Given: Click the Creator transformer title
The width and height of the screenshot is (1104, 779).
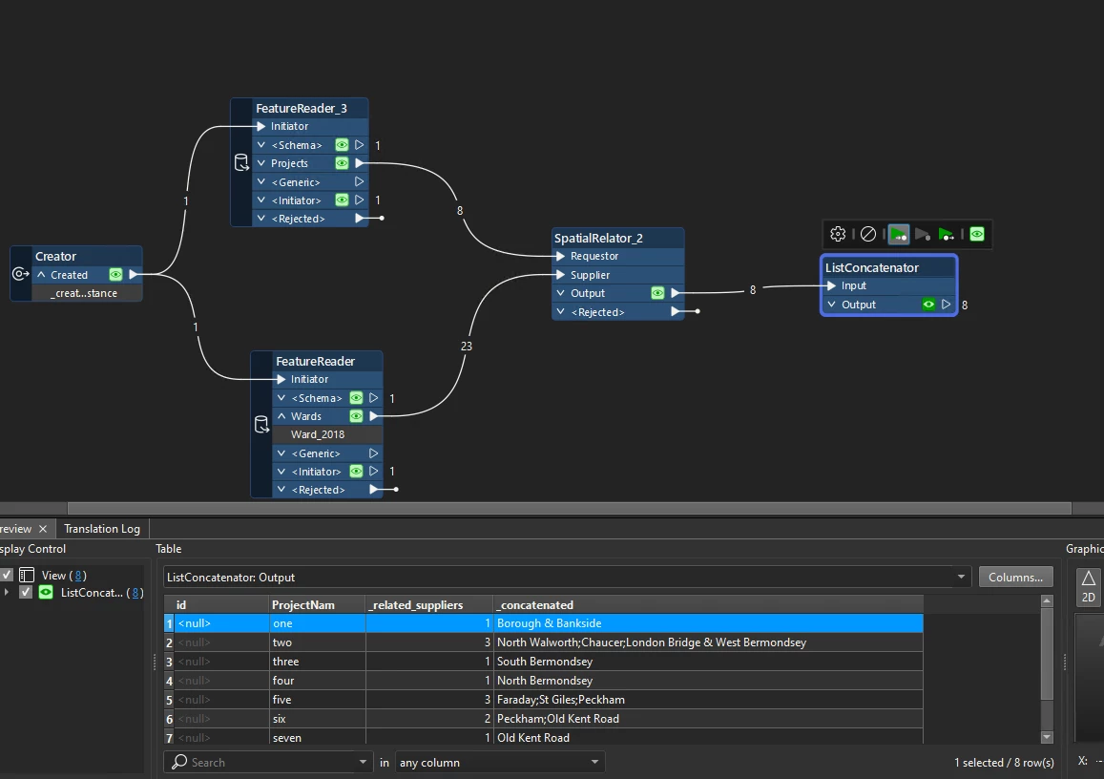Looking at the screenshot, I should (55, 256).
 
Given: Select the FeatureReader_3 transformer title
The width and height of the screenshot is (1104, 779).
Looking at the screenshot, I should (301, 108).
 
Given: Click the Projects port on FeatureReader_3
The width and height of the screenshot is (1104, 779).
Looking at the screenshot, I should (289, 163).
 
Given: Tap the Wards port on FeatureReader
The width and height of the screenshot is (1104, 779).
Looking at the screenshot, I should (306, 416).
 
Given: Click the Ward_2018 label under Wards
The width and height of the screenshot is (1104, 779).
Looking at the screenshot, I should (318, 434).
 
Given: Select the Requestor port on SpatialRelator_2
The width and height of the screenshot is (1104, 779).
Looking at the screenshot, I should (594, 256).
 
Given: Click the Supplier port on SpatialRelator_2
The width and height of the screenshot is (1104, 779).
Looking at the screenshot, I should (590, 275).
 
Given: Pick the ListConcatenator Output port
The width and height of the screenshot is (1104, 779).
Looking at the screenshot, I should (859, 305).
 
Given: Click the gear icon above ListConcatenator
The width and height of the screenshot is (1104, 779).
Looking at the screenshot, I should (838, 234).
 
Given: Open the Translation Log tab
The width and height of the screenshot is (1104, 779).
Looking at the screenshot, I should (102, 529).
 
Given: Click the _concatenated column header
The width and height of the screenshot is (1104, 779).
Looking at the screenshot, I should (535, 604).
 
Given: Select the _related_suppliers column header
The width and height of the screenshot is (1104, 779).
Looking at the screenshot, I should (415, 604).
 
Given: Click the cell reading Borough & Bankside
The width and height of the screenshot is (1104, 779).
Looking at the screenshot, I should (549, 623).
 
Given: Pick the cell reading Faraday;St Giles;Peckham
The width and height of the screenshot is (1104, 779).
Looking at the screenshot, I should (561, 700).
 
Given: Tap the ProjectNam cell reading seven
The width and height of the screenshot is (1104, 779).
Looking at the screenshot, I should (287, 738).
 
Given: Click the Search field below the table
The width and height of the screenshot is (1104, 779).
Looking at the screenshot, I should (267, 763).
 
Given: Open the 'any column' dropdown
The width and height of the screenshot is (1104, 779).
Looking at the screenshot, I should (500, 763).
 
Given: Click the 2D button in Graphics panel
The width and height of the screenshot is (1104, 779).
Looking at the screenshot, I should (1088, 585).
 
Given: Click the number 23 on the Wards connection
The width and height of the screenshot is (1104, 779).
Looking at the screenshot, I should (466, 347).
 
